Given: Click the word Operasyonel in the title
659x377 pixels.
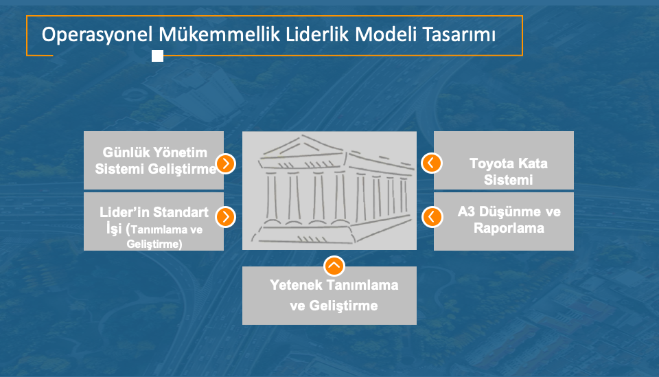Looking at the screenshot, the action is pyautogui.click(x=97, y=35).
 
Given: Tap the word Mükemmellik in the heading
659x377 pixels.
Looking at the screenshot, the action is pyautogui.click(x=220, y=34).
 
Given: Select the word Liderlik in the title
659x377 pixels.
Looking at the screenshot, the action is pyautogui.click(x=317, y=34).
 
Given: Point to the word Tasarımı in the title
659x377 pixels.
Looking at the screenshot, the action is pyautogui.click(x=459, y=34).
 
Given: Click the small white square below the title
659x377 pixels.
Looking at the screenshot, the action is pyautogui.click(x=158, y=56).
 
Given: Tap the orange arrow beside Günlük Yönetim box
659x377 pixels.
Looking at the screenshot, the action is pyautogui.click(x=226, y=163).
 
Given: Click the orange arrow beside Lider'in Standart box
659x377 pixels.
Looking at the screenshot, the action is pyautogui.click(x=226, y=217).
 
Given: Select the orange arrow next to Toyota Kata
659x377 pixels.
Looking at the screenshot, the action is pyautogui.click(x=431, y=163).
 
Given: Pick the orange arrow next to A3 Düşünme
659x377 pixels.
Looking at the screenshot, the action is pyautogui.click(x=432, y=217).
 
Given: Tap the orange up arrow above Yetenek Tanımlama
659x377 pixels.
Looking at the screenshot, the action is pyautogui.click(x=334, y=266).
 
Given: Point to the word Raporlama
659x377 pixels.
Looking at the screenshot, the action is pyautogui.click(x=509, y=228).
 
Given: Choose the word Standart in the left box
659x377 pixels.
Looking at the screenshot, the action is pyautogui.click(x=183, y=212).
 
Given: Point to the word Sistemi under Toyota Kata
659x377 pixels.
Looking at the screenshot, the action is pyautogui.click(x=508, y=180).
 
